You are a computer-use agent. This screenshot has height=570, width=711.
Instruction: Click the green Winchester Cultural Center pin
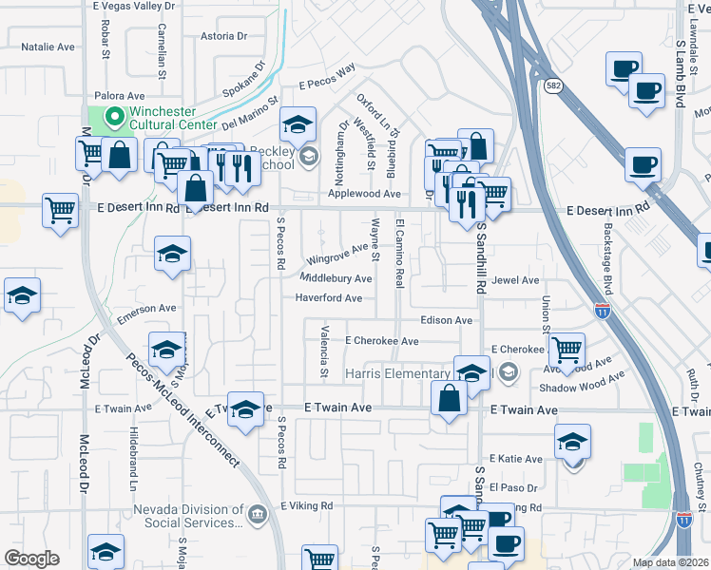point(115,118)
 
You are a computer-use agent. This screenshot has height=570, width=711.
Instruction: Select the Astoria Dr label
point(224,37)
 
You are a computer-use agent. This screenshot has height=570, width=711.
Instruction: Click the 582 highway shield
point(553,85)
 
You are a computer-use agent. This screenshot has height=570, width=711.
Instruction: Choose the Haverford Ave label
point(328,298)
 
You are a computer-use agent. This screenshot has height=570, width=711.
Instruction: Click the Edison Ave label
point(446,321)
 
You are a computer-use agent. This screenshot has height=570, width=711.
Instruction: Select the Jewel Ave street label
point(515,280)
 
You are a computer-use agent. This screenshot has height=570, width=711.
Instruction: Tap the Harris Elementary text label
point(397,372)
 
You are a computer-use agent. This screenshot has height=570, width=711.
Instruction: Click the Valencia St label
point(324,352)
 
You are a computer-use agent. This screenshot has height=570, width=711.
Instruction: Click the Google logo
point(32,559)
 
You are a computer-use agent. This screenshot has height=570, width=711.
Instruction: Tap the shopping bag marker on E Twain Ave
point(449,398)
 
